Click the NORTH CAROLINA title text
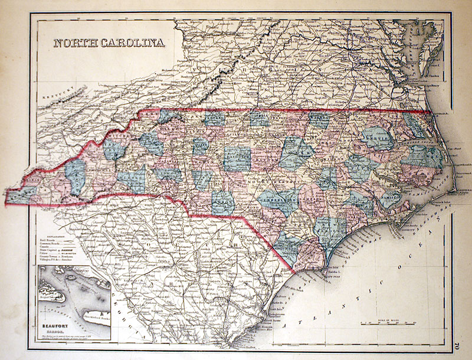[x=109, y=43]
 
